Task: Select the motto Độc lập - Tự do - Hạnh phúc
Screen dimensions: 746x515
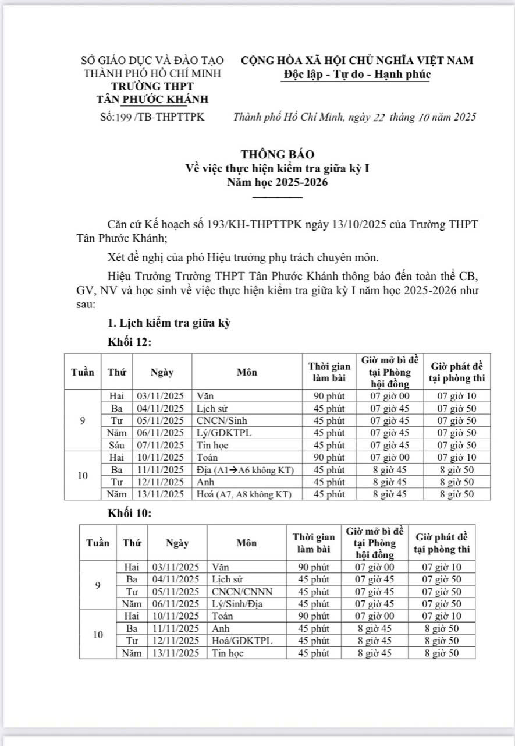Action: (x=357, y=75)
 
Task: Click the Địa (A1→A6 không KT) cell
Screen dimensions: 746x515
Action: (x=247, y=469)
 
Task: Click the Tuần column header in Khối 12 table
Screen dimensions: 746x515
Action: (x=83, y=372)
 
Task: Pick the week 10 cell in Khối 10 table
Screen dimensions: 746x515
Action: (x=98, y=635)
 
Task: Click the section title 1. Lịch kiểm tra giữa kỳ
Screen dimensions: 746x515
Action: (x=169, y=324)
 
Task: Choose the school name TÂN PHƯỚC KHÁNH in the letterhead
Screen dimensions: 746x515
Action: (x=152, y=99)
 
